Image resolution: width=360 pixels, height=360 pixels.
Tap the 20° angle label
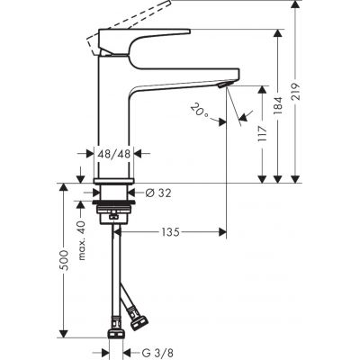click(200, 112)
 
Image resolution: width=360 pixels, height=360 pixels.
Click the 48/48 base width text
click(114, 155)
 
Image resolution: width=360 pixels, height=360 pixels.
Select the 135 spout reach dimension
click(170, 232)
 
